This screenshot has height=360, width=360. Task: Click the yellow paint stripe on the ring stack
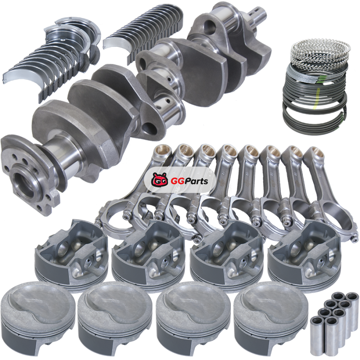[317, 98]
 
